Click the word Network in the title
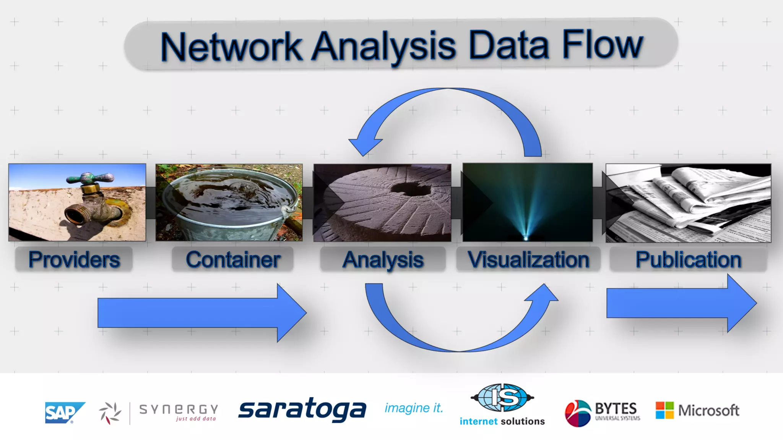tap(231, 47)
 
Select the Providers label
tap(74, 260)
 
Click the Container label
tap(233, 260)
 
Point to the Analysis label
tap(383, 260)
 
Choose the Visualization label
tap(528, 260)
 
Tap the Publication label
tap(688, 260)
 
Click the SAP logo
tap(64, 412)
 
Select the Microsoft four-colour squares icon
tap(664, 410)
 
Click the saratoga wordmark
tap(302, 409)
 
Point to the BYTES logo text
tap(616, 409)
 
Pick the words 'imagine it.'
tap(414, 408)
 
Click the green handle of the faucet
tap(90, 178)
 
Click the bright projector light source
tap(526, 238)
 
